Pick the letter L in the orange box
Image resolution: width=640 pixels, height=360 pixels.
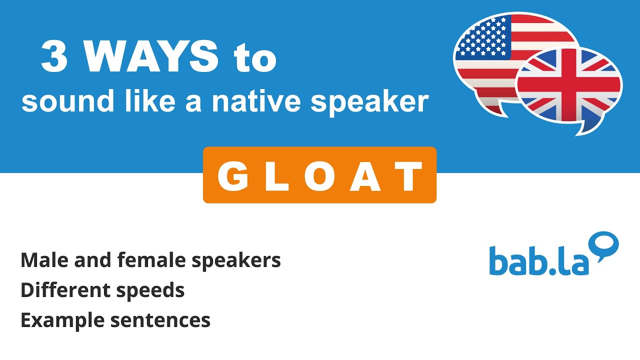275,175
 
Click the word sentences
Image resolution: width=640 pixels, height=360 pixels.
160,320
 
